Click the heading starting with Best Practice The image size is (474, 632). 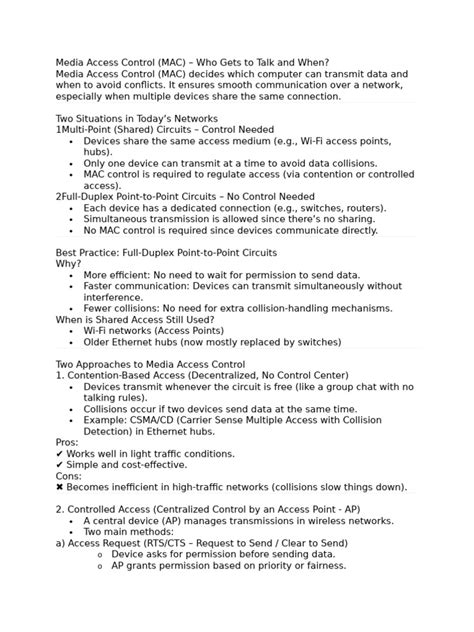(x=167, y=253)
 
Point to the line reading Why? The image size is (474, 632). (x=69, y=264)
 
